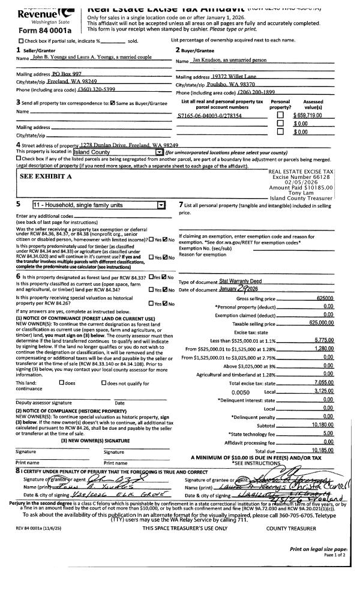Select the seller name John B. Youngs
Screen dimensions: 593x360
43,58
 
